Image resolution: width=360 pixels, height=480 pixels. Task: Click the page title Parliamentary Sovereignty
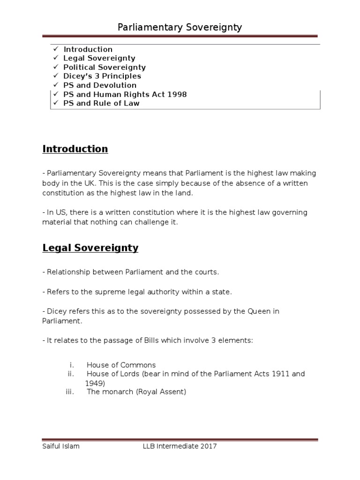pyautogui.click(x=180, y=27)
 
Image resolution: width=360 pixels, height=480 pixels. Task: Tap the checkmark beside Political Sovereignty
pyautogui.click(x=55, y=67)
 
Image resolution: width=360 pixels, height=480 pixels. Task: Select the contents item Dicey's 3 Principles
pyautogui.click(x=102, y=76)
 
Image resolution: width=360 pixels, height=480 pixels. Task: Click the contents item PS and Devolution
pyautogui.click(x=100, y=85)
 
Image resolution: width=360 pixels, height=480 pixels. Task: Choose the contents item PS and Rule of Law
pyautogui.click(x=101, y=103)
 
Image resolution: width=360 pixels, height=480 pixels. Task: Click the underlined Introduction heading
pyautogui.click(x=75, y=149)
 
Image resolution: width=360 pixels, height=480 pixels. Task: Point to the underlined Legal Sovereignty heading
pyautogui.click(x=90, y=248)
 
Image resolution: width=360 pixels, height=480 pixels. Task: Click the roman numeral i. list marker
pyautogui.click(x=72, y=365)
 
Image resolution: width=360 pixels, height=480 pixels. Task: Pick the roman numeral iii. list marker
pyautogui.click(x=70, y=392)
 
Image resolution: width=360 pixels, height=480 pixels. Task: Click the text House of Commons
pyautogui.click(x=121, y=365)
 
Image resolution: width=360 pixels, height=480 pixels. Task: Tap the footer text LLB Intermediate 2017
pyautogui.click(x=180, y=446)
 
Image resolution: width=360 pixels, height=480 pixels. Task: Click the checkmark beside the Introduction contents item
pyautogui.click(x=55, y=49)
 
